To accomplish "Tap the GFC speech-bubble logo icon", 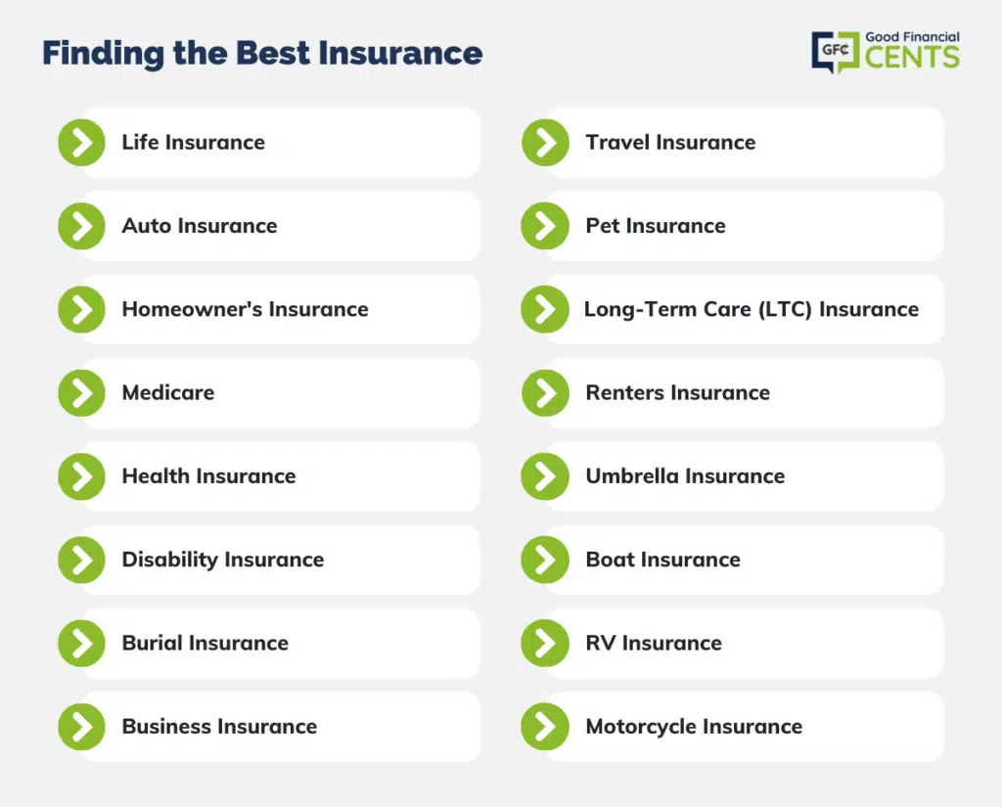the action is pyautogui.click(x=836, y=52).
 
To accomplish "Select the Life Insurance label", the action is pyautogui.click(x=193, y=142).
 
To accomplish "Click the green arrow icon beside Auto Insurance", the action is pyautogui.click(x=82, y=226).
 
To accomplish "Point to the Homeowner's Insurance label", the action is pyautogui.click(x=245, y=309).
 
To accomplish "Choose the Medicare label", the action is pyautogui.click(x=168, y=392).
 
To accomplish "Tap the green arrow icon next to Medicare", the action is pyautogui.click(x=82, y=393).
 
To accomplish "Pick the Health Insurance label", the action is pyautogui.click(x=208, y=476).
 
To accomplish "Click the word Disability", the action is pyautogui.click(x=170, y=560).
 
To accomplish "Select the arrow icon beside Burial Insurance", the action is pyautogui.click(x=82, y=644).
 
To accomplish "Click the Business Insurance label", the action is pyautogui.click(x=219, y=727).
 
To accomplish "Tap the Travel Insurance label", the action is pyautogui.click(x=670, y=142).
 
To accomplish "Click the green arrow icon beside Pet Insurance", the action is pyautogui.click(x=545, y=226).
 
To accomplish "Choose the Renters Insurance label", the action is pyautogui.click(x=677, y=392).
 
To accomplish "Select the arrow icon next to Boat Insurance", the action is pyautogui.click(x=545, y=560).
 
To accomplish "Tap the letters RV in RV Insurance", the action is pyautogui.click(x=601, y=643).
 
